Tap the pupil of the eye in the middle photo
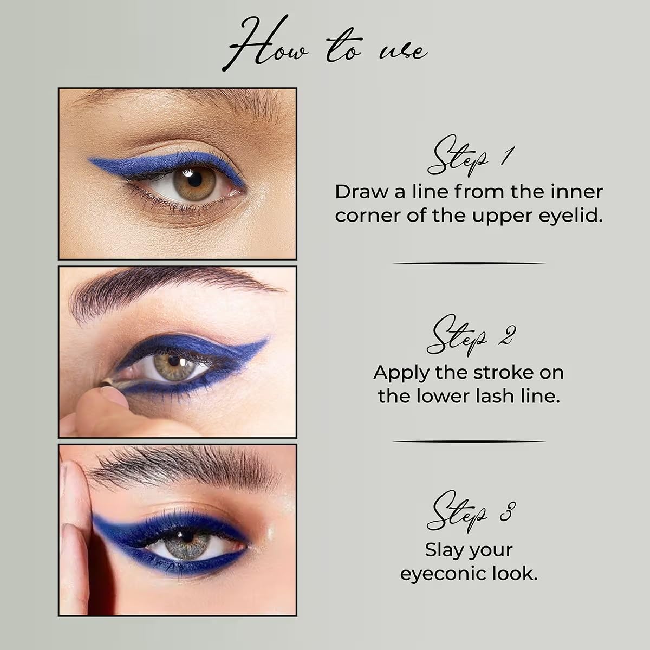174,361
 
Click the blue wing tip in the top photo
90,160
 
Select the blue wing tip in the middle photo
266,340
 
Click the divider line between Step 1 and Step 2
469,264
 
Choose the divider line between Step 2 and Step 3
469,441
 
